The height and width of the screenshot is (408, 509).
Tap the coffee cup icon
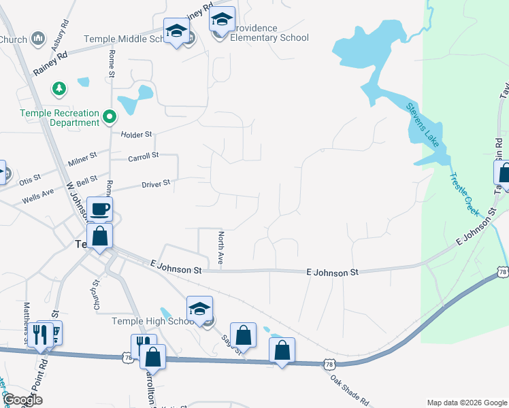[x=99, y=209]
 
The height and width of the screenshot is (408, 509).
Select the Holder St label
[x=136, y=135]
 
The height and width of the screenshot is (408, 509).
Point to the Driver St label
[x=155, y=184]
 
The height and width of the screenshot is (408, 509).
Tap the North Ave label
[x=220, y=248]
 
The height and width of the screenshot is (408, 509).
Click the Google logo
[x=22, y=400]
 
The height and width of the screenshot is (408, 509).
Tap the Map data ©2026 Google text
[x=466, y=403]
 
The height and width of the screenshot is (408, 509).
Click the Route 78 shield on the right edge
[x=502, y=271]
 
